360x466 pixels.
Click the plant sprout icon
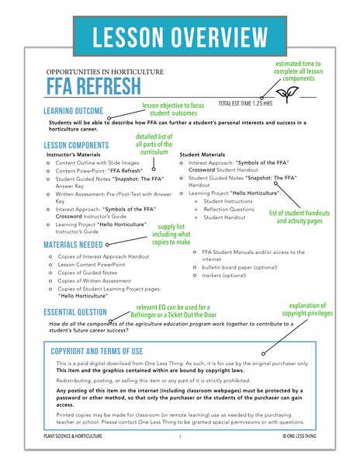[x=289, y=93]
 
